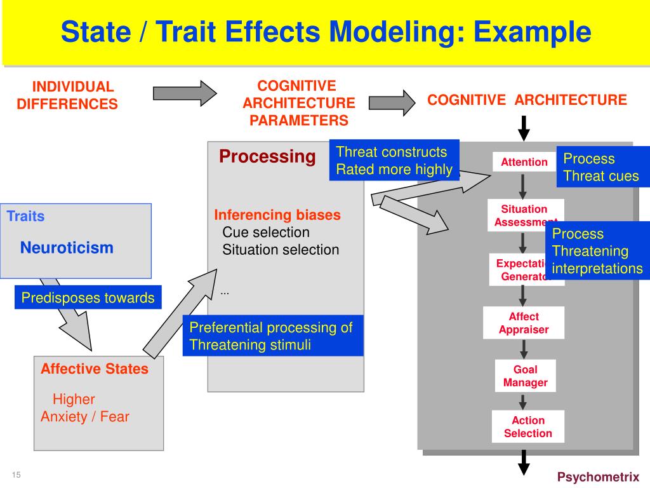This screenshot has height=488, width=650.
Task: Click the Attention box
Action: pos(524,162)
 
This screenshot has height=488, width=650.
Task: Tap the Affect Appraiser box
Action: pos(524,323)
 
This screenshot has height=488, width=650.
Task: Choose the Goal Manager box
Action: pos(525,376)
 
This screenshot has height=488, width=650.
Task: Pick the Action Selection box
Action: pos(527,427)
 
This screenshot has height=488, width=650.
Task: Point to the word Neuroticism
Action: pos(67,248)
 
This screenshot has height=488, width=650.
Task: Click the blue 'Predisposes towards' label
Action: pos(88,297)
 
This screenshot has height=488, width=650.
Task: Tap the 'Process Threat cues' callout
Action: pos(600,168)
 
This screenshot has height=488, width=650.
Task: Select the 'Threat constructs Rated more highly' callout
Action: pos(394,160)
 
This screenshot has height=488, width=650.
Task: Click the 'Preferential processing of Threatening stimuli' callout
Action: pos(273,336)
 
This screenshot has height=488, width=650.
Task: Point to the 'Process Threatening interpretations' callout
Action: pos(597,251)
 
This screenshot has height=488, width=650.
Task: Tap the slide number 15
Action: pos(16,475)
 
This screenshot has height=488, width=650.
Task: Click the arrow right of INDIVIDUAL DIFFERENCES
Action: pos(185,93)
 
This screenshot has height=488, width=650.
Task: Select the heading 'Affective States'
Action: pos(95,369)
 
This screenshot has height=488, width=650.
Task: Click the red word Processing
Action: pos(267,156)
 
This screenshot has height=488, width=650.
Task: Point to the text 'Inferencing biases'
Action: pos(277,215)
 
